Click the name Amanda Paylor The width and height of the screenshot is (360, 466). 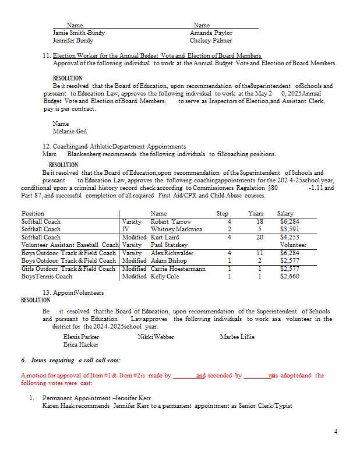[211, 33]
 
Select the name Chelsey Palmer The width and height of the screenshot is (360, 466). [210, 41]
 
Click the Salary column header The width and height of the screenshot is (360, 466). [285, 214]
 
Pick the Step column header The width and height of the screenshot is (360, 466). [223, 214]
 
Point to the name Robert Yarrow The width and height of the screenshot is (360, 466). [171, 222]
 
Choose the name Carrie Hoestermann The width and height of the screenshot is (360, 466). [178, 269]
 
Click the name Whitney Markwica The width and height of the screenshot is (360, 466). [177, 230]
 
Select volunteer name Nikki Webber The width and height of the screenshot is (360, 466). [156, 337]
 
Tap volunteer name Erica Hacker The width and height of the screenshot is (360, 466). [81, 345]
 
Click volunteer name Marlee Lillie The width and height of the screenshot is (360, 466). [237, 337]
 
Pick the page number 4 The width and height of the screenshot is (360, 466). [336, 432]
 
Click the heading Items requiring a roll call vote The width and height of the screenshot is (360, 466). [75, 361]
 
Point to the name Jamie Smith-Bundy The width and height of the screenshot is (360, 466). [79, 33]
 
